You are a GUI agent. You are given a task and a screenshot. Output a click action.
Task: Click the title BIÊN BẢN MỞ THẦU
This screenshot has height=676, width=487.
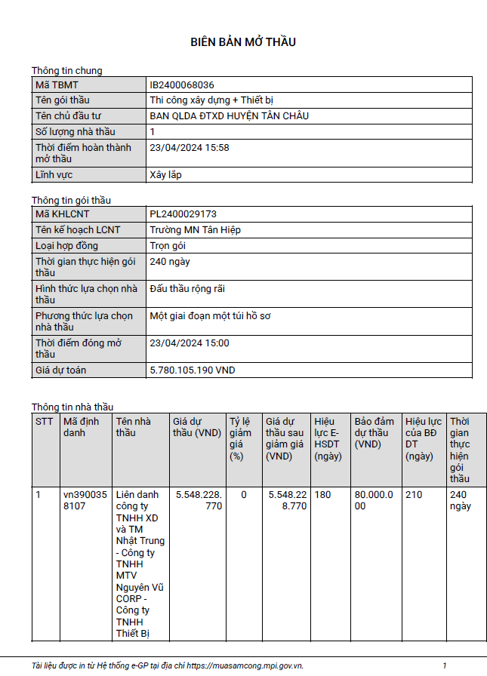point(242,42)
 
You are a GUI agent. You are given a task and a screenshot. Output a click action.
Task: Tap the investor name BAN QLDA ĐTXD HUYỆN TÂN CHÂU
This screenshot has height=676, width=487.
point(230,116)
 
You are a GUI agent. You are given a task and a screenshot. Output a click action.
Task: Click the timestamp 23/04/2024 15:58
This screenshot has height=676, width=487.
point(190,148)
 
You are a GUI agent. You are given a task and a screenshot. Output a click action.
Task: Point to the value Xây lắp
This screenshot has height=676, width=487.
point(165,175)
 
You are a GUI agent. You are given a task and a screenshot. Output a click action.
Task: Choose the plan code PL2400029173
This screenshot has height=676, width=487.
point(183,214)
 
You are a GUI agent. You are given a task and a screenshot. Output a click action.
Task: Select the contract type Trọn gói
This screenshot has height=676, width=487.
point(168,246)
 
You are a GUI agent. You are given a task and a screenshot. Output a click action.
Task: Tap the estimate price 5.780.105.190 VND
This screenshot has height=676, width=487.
point(193,370)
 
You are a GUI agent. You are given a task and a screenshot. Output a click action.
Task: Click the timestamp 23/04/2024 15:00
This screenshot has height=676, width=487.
point(190,343)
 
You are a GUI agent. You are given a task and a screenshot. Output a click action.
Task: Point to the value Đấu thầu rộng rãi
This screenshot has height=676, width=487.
point(187,289)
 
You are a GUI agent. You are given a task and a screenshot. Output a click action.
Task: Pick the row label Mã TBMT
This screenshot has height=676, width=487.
point(57,85)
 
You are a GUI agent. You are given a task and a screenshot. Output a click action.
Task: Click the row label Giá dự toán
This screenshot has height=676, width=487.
point(61,370)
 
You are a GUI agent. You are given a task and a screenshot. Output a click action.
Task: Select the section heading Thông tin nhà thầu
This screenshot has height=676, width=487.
point(72,407)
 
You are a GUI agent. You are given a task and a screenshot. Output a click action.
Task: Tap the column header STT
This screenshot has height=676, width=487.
point(45,421)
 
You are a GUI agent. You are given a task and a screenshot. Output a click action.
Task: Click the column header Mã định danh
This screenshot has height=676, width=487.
point(80,427)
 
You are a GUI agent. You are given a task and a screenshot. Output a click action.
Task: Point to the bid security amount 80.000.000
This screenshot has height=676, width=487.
point(374,501)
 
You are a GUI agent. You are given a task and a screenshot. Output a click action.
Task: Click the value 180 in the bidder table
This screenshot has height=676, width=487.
point(323,495)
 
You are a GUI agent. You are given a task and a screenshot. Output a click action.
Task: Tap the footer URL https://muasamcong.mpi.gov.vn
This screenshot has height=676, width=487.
point(245,665)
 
